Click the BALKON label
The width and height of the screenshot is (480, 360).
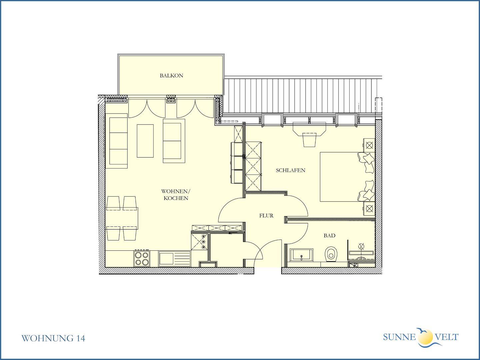click(x=171, y=76)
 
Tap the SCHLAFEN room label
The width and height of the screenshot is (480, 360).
click(x=290, y=170)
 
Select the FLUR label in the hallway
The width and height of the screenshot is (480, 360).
click(x=266, y=216)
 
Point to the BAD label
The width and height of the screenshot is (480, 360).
click(x=329, y=236)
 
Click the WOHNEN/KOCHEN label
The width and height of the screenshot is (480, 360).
click(x=176, y=195)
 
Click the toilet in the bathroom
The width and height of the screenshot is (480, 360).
click(x=331, y=254)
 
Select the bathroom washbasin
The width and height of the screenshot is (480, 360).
click(x=301, y=255)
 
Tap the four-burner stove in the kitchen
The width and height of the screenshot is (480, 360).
click(x=142, y=259)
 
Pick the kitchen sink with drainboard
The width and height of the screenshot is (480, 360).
click(x=175, y=259)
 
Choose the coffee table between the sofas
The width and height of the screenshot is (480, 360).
click(x=145, y=141)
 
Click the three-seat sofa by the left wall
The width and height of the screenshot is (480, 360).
click(x=117, y=141)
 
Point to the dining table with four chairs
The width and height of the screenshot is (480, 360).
click(x=122, y=218)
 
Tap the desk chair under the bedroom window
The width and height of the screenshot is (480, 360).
click(x=310, y=139)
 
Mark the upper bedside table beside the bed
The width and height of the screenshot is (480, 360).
click(x=369, y=145)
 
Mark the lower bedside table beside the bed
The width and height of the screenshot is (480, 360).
click(x=369, y=209)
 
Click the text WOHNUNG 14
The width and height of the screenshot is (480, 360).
click(x=53, y=338)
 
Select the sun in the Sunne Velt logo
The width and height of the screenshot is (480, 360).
click(x=425, y=336)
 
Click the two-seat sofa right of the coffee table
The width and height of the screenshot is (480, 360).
click(x=174, y=141)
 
